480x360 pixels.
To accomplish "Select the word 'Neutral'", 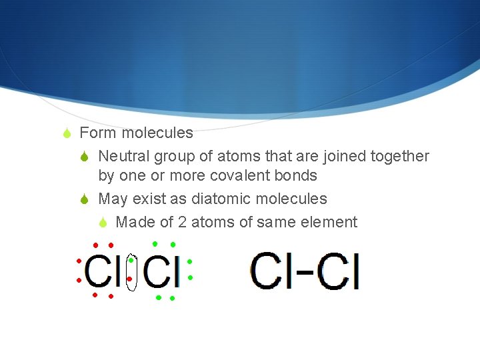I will click(124, 156).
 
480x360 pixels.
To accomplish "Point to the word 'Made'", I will click(135, 222).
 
